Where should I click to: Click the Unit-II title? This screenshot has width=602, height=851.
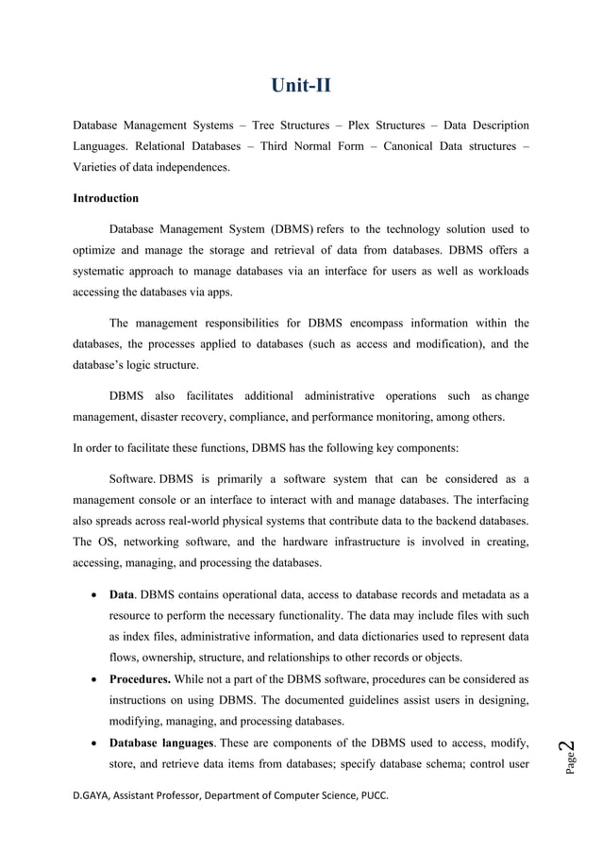[x=301, y=88]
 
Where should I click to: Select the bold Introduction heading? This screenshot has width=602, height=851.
[x=106, y=198]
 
